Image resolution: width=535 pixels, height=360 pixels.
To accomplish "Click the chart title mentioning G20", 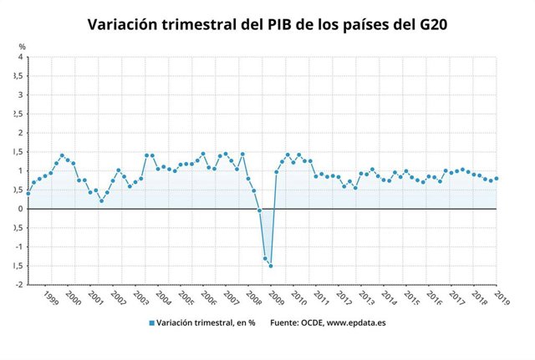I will pos(267,24).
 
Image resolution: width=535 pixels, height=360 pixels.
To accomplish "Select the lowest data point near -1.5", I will pos(271,266).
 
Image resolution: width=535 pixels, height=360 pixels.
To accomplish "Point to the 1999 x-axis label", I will pos(51,297).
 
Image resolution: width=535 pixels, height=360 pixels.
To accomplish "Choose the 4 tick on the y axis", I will pos(21,57).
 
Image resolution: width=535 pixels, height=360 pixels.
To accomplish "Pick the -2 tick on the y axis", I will pos(19,285).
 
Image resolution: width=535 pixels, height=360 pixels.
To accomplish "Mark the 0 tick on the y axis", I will pos(21,209).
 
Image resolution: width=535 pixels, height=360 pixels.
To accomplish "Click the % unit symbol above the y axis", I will pos(23,46).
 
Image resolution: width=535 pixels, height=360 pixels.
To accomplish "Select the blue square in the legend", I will pos(151,322).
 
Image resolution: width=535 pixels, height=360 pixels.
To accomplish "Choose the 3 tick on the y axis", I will pos(21,95).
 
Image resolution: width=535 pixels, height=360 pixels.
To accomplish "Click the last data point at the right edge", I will pos(497,178).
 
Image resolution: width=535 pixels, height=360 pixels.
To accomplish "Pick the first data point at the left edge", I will pos(28,194).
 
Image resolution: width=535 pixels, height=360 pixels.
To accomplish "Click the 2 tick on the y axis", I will pos(21,133).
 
